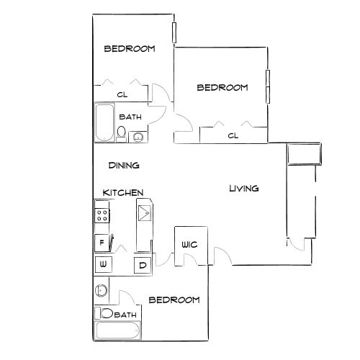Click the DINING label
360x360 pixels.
[x=124, y=166]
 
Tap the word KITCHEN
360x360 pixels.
[x=123, y=193]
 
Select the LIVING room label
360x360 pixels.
[x=244, y=189]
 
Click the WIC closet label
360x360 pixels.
[x=189, y=245]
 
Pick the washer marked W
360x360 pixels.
[x=104, y=265]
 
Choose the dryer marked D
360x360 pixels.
[x=143, y=265]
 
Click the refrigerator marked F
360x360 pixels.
[x=102, y=243]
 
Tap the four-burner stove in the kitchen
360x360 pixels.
[x=102, y=215]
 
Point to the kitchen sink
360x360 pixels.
[x=145, y=213]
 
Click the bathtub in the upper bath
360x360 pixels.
[x=104, y=122]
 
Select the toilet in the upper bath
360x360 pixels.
[x=122, y=134]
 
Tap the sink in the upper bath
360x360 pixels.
[x=138, y=137]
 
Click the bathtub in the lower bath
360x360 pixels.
[x=118, y=330]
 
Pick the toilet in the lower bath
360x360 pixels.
[x=104, y=313]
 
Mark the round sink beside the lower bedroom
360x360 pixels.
[x=101, y=291]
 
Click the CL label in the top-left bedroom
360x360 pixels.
[x=122, y=95]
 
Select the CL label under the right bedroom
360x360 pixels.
[x=233, y=136]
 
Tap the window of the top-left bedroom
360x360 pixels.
[x=174, y=32]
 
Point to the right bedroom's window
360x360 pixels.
[x=268, y=86]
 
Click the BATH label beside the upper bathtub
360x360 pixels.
[x=130, y=117]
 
